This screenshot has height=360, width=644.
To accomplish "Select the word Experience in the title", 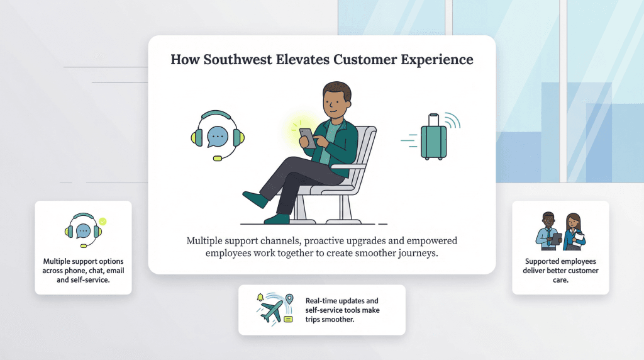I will [x=437, y=60].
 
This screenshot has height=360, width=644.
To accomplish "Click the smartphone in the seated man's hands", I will [x=307, y=138].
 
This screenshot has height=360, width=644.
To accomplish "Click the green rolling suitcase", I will [x=433, y=140].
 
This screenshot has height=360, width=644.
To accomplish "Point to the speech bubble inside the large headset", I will [x=217, y=135].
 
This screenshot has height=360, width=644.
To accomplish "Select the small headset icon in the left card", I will [x=84, y=231].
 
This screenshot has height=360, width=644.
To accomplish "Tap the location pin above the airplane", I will [x=289, y=298].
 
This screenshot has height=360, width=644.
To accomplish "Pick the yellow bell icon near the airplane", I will [x=260, y=297].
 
